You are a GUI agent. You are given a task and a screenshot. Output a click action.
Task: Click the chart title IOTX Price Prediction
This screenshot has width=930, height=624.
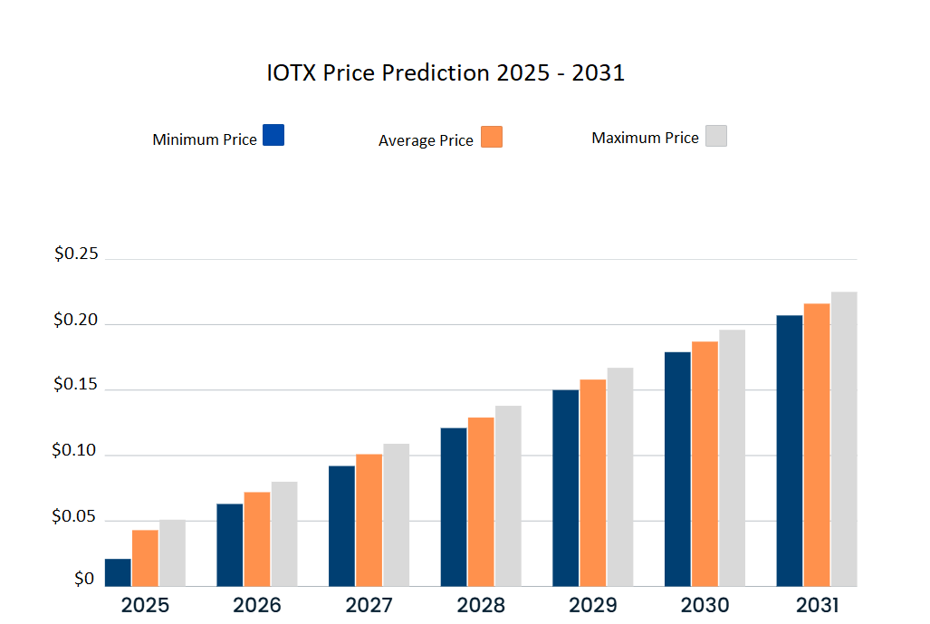click(446, 72)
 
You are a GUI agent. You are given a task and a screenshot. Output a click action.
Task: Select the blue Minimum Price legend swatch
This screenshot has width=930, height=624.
click(273, 135)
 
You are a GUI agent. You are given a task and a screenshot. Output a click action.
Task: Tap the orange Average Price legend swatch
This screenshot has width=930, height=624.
click(492, 137)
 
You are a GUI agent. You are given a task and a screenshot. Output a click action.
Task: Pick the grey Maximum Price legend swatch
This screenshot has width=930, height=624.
click(715, 136)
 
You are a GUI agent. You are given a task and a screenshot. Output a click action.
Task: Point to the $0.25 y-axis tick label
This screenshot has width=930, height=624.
click(77, 254)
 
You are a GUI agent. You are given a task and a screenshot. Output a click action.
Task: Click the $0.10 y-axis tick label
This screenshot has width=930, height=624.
click(77, 450)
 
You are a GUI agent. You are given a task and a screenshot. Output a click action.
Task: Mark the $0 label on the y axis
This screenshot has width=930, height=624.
click(84, 579)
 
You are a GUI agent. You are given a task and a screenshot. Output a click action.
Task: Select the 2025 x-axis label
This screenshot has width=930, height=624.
click(145, 605)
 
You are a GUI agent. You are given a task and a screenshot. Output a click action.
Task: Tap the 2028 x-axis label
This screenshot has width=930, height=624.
click(481, 605)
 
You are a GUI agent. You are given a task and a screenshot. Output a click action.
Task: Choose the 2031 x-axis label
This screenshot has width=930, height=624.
click(816, 605)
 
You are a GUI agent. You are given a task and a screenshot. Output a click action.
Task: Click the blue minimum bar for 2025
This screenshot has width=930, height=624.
click(118, 572)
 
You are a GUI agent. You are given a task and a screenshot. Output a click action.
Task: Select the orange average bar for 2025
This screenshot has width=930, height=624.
click(145, 558)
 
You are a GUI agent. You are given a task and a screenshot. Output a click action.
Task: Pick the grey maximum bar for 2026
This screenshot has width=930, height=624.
click(284, 534)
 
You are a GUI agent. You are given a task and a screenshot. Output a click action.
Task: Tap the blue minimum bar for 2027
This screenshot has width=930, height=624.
click(341, 526)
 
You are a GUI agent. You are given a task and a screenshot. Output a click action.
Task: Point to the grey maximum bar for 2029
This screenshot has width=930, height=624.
click(620, 477)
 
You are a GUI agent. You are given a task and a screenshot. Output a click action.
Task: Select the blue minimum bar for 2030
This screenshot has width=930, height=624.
click(677, 469)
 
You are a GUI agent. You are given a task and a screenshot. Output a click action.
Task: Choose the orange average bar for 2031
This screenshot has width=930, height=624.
click(817, 445)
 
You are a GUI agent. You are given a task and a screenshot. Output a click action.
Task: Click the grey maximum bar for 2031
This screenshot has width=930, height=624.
click(844, 439)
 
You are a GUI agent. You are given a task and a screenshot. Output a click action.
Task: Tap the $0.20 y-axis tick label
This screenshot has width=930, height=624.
click(77, 319)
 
